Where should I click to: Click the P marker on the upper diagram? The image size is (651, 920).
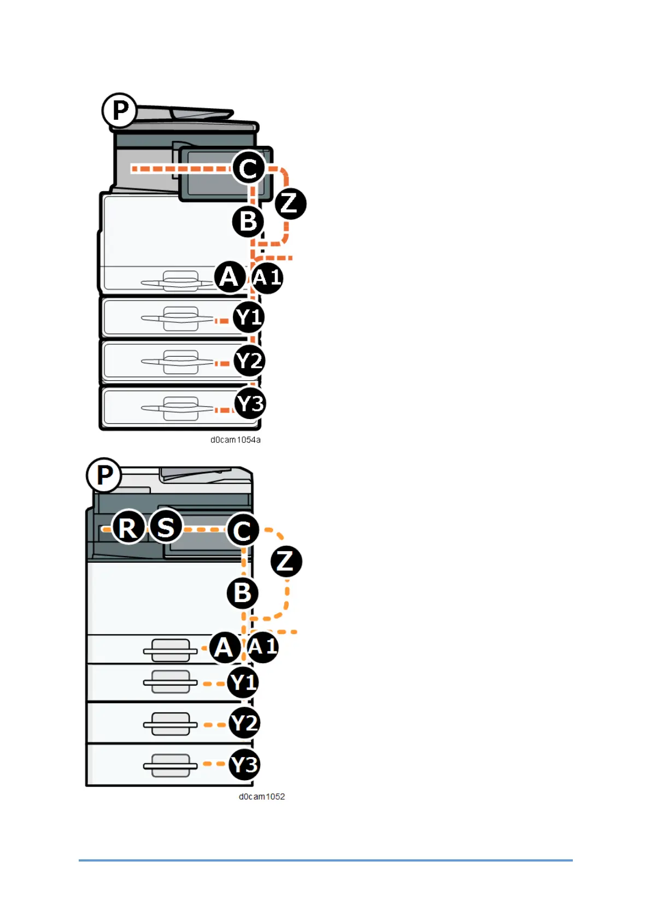120,111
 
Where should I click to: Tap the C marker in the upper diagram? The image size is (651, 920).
249,168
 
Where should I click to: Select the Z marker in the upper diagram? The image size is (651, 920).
290,203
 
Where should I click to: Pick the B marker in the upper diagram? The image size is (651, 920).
248,221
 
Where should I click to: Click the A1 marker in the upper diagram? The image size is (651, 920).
267,278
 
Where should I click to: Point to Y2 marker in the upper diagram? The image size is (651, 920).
249,361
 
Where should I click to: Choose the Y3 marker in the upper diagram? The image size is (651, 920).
250,404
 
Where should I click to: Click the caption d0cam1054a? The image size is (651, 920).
236,440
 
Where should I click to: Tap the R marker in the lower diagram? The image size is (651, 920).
128,528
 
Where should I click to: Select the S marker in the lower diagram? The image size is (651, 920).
166,527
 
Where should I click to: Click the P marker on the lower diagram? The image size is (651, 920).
104,475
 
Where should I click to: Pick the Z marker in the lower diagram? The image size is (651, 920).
286,561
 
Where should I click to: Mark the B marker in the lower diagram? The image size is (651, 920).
243,593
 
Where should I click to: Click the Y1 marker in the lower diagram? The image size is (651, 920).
243,683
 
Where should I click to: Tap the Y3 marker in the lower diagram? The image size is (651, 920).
244,765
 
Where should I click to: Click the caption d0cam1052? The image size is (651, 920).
262,797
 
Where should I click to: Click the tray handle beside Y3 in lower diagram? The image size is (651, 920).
170,766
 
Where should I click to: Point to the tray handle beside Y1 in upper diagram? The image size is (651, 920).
180,319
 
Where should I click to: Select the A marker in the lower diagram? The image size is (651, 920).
225,648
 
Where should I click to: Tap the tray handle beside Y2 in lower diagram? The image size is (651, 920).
170,724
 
